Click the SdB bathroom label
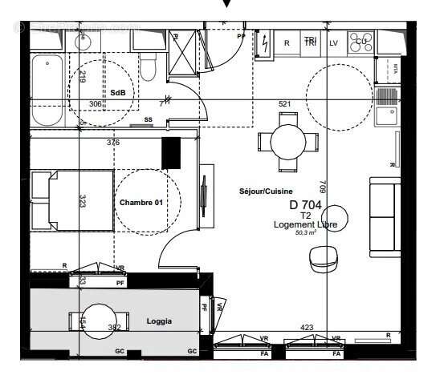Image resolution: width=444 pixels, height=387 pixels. tap(117, 93)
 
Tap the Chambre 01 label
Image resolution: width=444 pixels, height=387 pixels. tap(141, 203)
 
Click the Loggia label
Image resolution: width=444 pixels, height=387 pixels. tap(159, 321)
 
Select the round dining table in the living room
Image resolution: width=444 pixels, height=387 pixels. tap(288, 141)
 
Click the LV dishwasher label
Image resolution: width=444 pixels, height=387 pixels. tap(334, 42)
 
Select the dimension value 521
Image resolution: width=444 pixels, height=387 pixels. tap(284, 104)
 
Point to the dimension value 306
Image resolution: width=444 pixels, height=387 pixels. tap(96, 104)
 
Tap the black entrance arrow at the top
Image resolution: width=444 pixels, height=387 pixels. tap(227, 5)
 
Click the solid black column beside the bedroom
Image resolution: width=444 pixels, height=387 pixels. tap(170, 152)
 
